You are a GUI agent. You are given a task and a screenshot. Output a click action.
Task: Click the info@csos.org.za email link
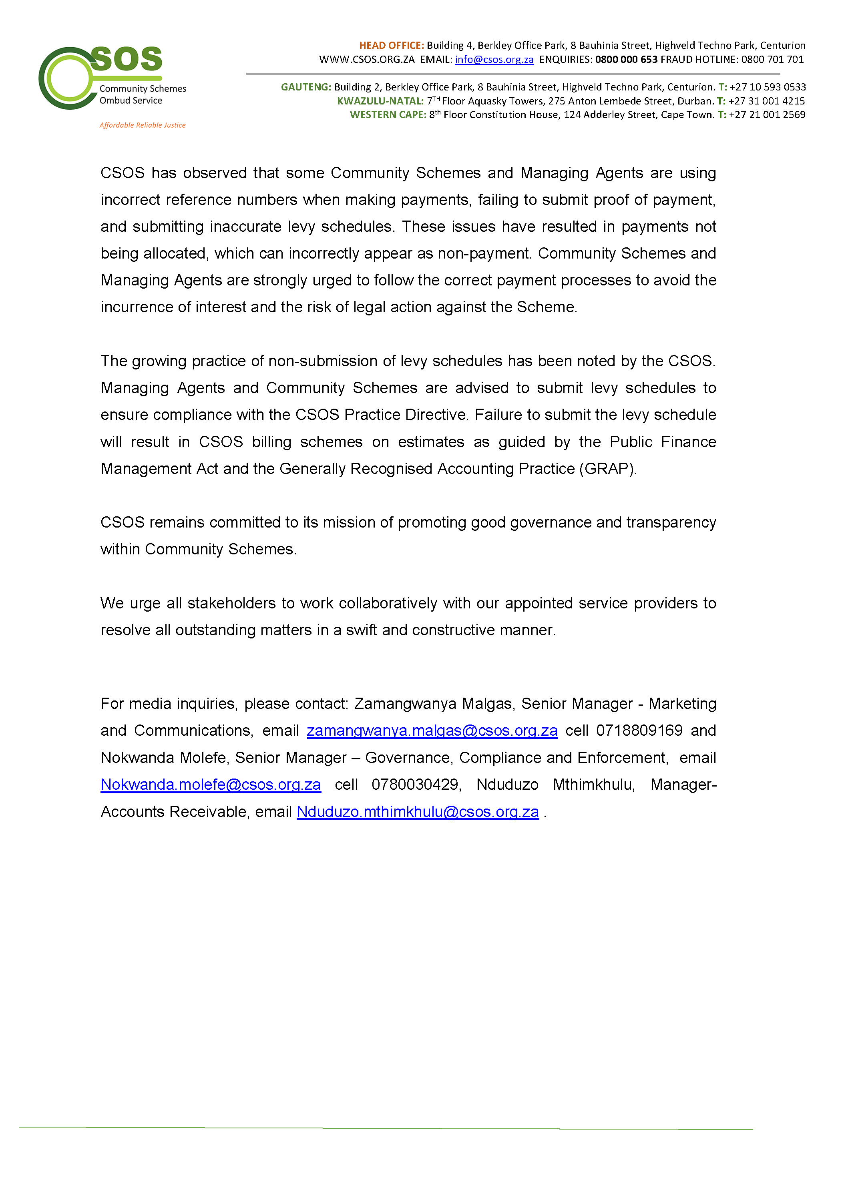(x=494, y=59)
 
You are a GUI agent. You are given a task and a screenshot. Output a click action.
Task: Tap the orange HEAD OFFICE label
(x=391, y=45)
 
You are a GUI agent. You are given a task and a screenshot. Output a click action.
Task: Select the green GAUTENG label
(x=306, y=87)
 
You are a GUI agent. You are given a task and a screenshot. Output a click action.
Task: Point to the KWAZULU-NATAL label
(x=380, y=101)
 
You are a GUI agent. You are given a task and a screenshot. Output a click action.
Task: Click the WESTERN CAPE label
(x=388, y=114)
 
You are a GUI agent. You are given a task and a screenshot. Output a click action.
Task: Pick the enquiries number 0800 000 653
(x=626, y=59)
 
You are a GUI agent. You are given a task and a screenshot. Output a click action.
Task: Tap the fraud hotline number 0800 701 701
(x=772, y=59)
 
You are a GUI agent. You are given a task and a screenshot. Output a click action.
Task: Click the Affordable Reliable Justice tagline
(x=143, y=125)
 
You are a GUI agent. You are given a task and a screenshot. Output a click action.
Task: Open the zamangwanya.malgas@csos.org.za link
(x=432, y=730)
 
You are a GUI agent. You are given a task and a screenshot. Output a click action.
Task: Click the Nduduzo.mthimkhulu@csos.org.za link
(x=418, y=811)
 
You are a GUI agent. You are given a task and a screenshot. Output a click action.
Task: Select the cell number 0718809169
(x=639, y=730)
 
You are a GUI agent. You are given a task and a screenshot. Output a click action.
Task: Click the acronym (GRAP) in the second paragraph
(x=607, y=469)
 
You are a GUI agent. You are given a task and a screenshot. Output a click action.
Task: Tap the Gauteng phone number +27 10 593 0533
(x=768, y=87)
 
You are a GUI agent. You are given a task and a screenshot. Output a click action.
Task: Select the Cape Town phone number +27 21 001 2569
(x=767, y=114)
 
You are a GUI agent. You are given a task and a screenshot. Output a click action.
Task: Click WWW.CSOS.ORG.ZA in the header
(x=367, y=59)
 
